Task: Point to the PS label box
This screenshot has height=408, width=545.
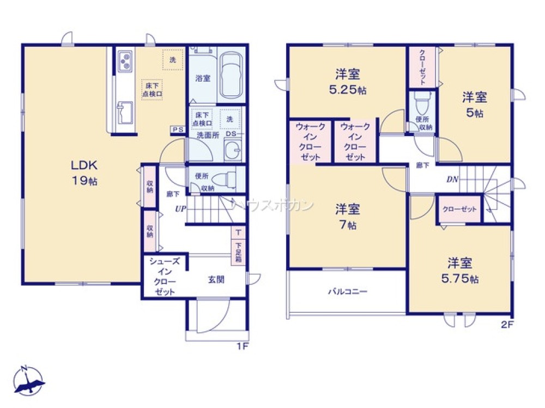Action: coord(177,129)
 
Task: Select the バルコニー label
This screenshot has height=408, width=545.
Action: coord(347,292)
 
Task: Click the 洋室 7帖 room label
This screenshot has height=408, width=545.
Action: coord(348,216)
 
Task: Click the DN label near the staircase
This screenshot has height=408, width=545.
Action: coord(452,180)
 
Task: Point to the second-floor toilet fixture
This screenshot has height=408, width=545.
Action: coord(422,102)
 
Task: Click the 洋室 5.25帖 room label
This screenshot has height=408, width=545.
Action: coord(348,82)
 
